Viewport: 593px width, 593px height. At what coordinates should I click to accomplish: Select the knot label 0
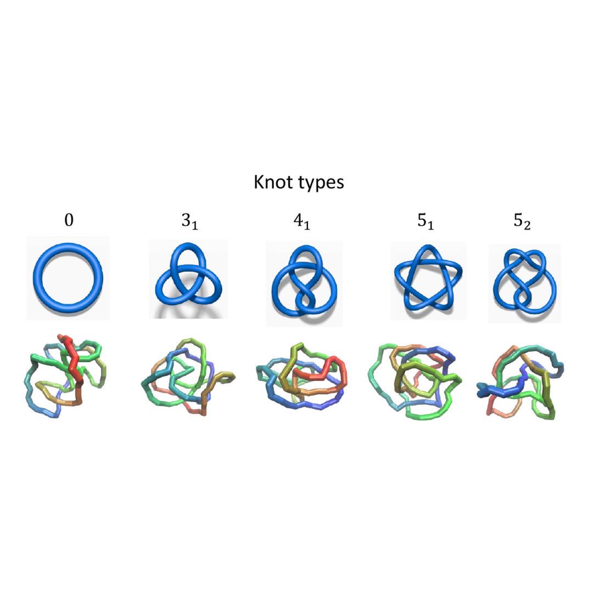tap(69, 220)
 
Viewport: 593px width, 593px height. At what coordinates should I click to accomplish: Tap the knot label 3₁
tap(189, 221)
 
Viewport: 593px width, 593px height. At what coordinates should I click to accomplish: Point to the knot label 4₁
tap(301, 221)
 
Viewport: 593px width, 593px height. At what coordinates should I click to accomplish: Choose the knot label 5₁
tap(426, 221)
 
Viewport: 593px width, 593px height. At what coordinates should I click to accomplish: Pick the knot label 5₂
tap(522, 221)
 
